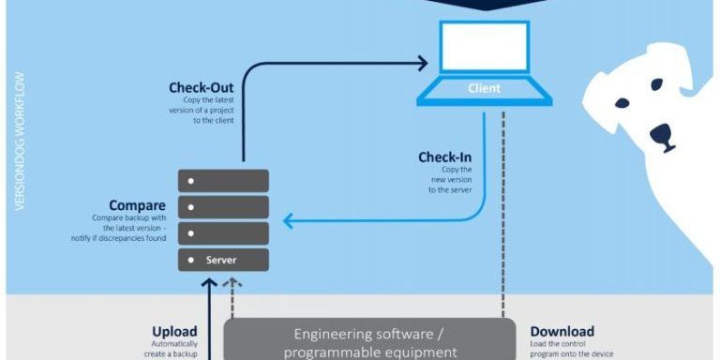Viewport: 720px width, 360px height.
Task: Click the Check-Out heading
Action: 201,88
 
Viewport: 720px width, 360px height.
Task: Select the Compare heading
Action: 137,205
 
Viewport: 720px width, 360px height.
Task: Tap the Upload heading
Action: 174,331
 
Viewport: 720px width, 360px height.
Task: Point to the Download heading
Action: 562,331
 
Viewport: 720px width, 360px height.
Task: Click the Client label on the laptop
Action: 484,89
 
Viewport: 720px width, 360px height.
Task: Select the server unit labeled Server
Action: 224,260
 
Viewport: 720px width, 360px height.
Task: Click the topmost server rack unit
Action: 224,180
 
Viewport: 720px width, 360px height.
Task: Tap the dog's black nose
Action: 662,134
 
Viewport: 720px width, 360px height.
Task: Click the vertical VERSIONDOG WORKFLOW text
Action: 20,141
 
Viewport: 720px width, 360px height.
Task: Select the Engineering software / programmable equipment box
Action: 370,341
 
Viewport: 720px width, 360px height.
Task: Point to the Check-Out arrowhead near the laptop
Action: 423,65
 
